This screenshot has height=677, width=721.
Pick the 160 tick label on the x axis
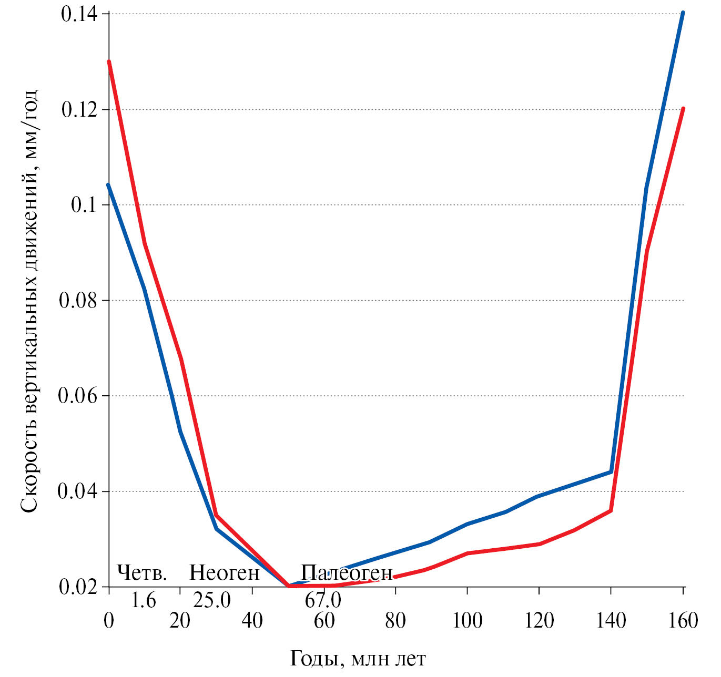click(x=683, y=621)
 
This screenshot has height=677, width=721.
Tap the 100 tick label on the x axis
click(x=467, y=621)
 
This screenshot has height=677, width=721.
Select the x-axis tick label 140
click(x=611, y=621)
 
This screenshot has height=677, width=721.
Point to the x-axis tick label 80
click(x=395, y=621)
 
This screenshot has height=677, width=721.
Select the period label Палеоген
click(x=347, y=572)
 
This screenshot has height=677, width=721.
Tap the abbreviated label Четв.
click(x=141, y=572)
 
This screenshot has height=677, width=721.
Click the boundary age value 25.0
click(x=211, y=600)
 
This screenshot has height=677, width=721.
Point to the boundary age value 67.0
click(x=323, y=600)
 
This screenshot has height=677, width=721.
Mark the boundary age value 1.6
click(x=144, y=600)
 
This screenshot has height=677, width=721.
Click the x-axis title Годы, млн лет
click(x=358, y=658)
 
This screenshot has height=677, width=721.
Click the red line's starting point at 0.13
click(x=109, y=61)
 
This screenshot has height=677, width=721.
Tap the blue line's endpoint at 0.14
click(x=683, y=13)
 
